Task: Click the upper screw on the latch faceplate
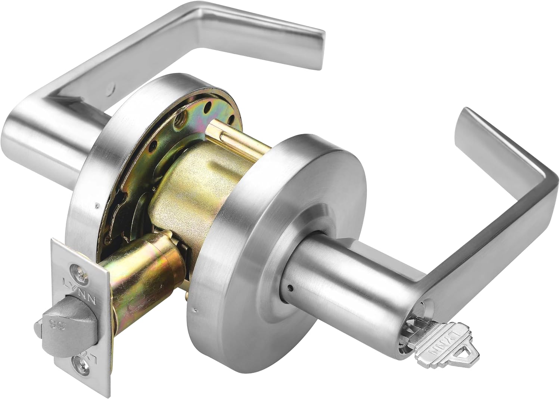point(77,270)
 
